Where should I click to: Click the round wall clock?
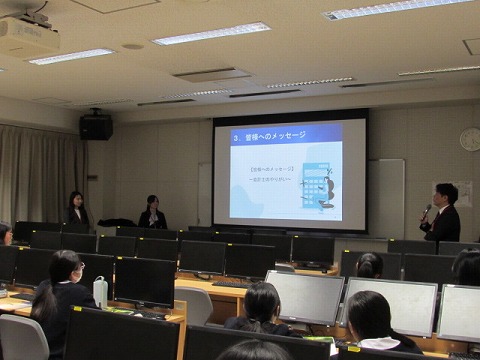(x=469, y=139)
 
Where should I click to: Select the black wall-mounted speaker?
(x=96, y=127)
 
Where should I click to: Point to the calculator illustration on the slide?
(x=320, y=185)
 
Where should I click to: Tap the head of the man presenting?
(x=446, y=194)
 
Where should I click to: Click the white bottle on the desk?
(x=100, y=292)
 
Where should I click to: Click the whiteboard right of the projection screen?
(x=385, y=196)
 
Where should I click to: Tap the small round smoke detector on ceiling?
(x=132, y=46)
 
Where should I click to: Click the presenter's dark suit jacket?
(x=444, y=225)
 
